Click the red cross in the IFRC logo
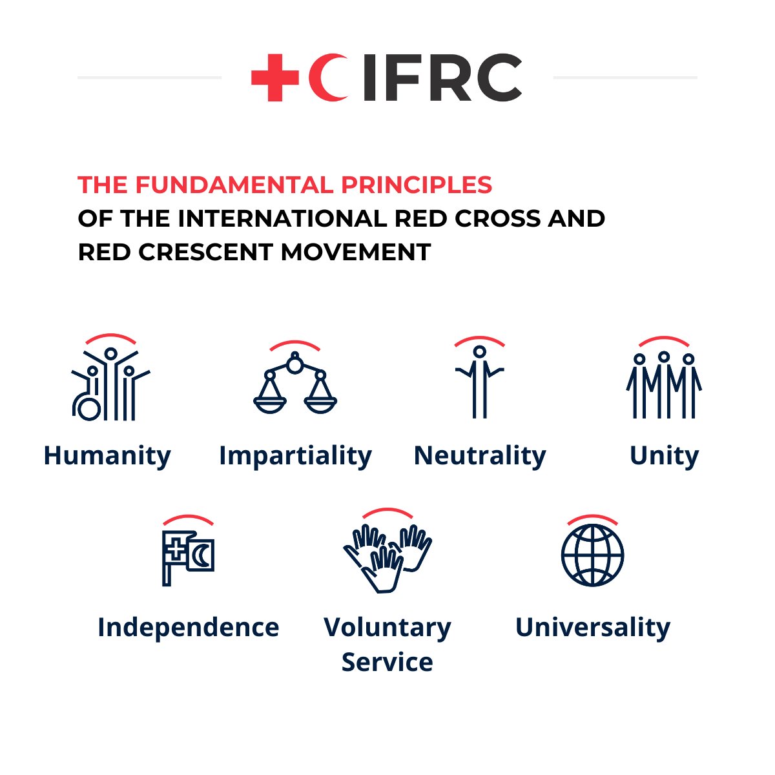pyautogui.click(x=274, y=77)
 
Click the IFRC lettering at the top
pyautogui.click(x=442, y=77)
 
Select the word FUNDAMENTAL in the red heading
pyautogui.click(x=234, y=185)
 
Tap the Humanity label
pyautogui.click(x=107, y=456)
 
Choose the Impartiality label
pyautogui.click(x=295, y=456)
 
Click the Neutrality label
pyautogui.click(x=479, y=456)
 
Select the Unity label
pyautogui.click(x=664, y=456)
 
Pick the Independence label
pyautogui.click(x=188, y=627)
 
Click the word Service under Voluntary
pyautogui.click(x=387, y=662)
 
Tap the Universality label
pyautogui.click(x=593, y=627)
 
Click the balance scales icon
pyautogui.click(x=295, y=386)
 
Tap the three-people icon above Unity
pyautogui.click(x=664, y=386)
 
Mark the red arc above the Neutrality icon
pyautogui.click(x=479, y=339)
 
